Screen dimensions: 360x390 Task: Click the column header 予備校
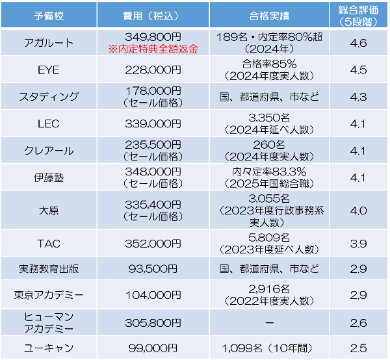point(49,16)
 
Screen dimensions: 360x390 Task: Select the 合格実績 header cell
point(270,16)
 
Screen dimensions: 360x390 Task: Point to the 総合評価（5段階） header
point(358,16)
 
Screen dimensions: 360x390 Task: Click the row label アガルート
point(49,43)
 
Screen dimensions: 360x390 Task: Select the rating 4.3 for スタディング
point(358,96)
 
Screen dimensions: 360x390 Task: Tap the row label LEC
point(49,123)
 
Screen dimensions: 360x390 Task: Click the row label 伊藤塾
point(49,177)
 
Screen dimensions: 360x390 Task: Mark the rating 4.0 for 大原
point(358,210)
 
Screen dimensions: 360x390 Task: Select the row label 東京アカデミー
point(49,294)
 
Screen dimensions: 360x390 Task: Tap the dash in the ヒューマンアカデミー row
point(270,321)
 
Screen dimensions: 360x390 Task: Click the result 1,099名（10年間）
point(270,346)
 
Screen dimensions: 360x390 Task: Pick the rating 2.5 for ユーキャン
point(358,346)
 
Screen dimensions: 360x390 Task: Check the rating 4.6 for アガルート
point(358,43)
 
